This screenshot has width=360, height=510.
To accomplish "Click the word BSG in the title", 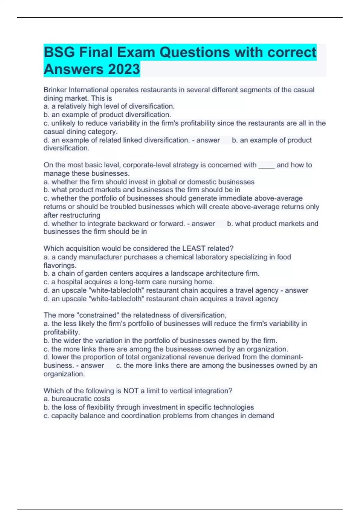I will coord(59,52).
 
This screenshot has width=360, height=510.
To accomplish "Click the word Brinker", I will coord(55,90).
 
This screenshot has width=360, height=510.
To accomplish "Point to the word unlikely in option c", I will coord(63,123).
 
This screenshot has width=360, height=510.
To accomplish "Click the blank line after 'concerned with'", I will coord(266,165).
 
